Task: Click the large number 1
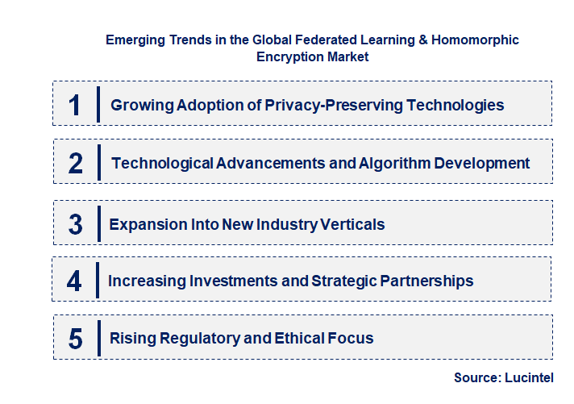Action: pyautogui.click(x=75, y=105)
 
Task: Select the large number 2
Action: pyautogui.click(x=76, y=163)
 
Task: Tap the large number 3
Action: pyautogui.click(x=76, y=224)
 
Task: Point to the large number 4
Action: pyautogui.click(x=75, y=281)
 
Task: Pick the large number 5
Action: pyautogui.click(x=76, y=338)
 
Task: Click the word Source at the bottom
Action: pyautogui.click(x=477, y=377)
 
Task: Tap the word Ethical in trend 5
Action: pyautogui.click(x=294, y=338)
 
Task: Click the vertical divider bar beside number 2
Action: pyautogui.click(x=98, y=162)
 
